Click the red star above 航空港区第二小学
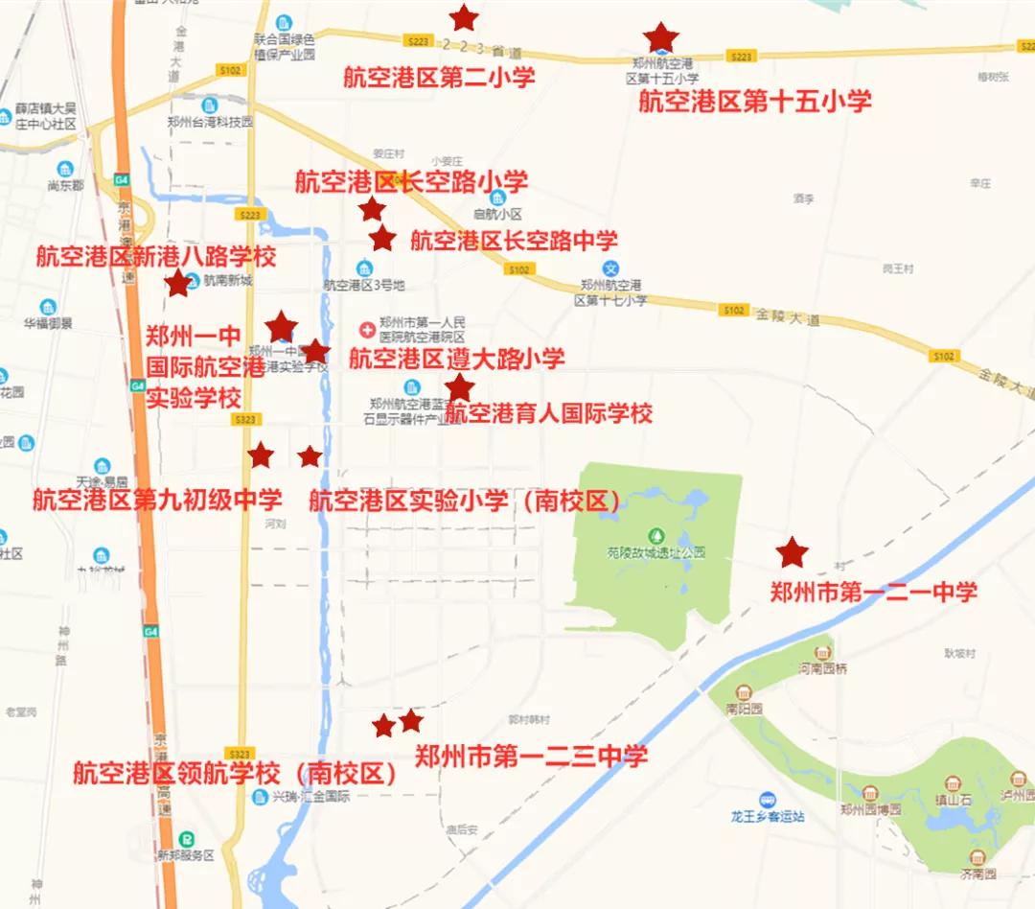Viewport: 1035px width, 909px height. (464, 17)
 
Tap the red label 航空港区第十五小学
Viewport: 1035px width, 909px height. (755, 101)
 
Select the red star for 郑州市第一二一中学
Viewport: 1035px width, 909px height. (792, 552)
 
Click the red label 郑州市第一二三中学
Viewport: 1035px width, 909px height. (531, 756)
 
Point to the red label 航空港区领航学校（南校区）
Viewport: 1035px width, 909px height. (235, 773)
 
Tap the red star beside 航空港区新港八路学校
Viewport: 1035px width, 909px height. (177, 284)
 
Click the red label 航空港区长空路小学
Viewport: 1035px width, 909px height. (411, 181)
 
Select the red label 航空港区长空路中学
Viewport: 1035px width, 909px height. (514, 240)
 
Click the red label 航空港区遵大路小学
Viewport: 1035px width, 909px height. (456, 359)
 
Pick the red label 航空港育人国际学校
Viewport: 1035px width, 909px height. (549, 413)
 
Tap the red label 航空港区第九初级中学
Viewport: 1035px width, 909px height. (157, 500)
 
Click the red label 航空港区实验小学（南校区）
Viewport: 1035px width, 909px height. (465, 500)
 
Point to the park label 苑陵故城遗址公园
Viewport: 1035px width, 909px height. (656, 552)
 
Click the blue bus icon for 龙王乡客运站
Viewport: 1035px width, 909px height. (767, 799)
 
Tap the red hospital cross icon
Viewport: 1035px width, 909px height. (365, 330)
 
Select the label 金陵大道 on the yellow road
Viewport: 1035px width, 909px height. (788, 316)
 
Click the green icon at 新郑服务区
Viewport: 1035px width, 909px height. (188, 837)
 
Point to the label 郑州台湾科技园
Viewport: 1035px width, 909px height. (210, 122)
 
